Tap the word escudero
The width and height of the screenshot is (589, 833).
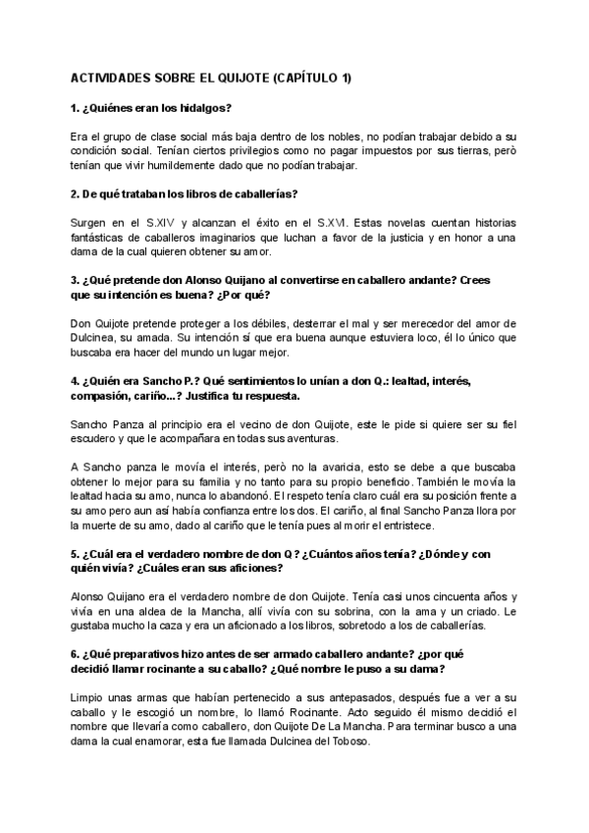pyautogui.click(x=98, y=438)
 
